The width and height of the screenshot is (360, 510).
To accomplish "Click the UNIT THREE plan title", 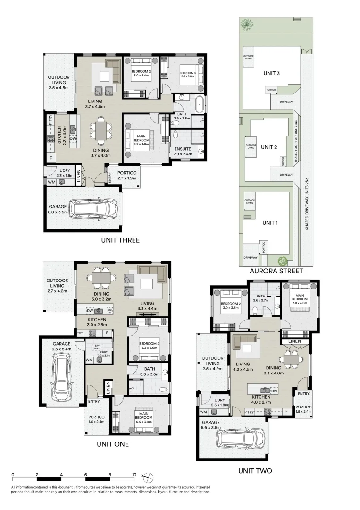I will (120, 240).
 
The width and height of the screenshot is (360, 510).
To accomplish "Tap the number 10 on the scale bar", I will (134, 475).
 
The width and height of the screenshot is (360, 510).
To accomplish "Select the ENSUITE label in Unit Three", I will (182, 149).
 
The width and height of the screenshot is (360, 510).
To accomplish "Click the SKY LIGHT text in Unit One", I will (98, 347).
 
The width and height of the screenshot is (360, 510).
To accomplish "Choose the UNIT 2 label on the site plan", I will (268, 147).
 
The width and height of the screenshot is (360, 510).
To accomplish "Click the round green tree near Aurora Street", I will (283, 260).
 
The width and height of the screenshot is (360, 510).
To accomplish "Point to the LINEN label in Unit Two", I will (293, 340).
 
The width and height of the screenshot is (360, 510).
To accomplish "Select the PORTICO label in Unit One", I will (96, 417).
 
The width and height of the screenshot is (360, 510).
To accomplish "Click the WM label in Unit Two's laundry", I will (203, 412).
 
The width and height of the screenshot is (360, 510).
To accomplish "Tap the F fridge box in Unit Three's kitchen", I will (50, 158).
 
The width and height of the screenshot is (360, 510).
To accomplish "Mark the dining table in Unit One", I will (102, 278).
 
